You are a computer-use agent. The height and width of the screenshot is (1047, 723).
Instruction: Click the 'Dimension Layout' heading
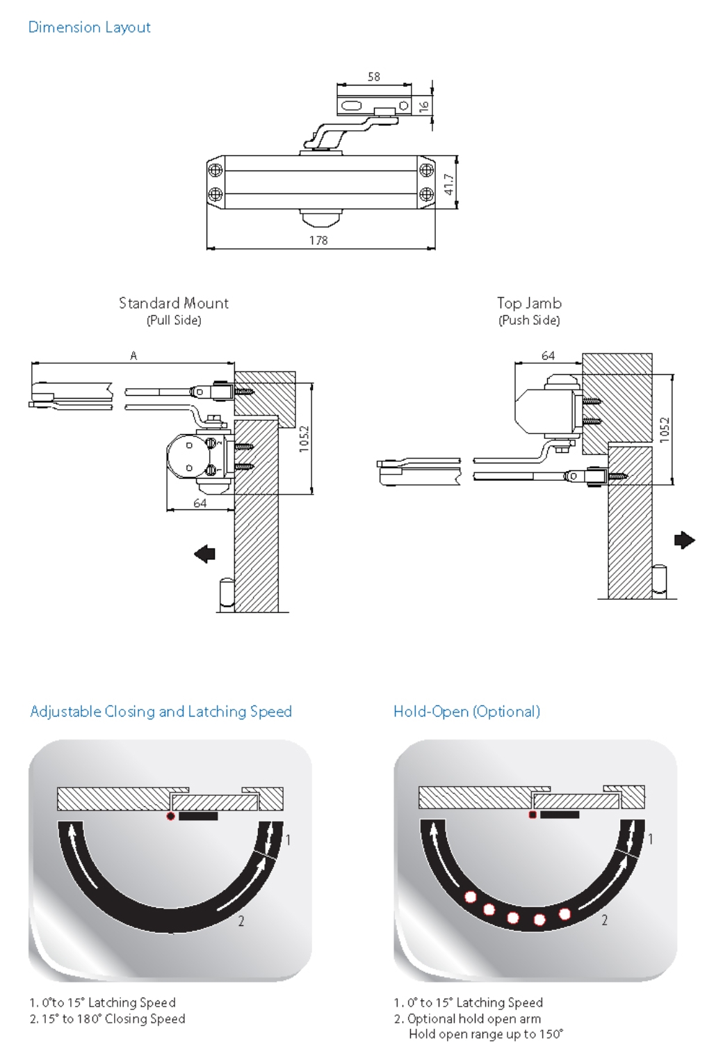point(89,27)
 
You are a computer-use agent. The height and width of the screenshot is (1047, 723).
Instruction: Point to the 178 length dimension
point(318,240)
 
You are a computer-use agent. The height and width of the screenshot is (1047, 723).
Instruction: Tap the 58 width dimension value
point(374,77)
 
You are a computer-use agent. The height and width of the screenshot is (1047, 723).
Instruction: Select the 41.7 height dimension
point(449,184)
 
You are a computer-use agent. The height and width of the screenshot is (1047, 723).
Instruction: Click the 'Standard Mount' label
point(174,303)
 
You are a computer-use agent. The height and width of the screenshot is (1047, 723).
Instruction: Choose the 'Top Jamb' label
point(529,303)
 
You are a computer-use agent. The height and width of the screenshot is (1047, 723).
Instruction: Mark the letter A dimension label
point(133,355)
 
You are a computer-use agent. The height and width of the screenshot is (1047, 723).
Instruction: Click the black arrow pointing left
point(205,554)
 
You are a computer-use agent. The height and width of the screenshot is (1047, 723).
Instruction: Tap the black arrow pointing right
point(684,540)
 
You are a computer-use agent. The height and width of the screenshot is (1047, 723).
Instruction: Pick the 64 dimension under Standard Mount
point(200,503)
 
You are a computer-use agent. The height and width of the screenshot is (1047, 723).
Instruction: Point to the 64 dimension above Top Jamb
point(549,355)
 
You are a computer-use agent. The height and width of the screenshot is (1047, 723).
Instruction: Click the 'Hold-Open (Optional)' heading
point(466,711)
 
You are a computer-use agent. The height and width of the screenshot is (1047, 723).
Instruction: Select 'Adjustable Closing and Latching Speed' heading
point(161,711)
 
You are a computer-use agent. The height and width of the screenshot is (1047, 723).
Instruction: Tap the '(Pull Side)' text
point(174,320)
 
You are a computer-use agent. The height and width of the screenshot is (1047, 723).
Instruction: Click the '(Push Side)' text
point(529,320)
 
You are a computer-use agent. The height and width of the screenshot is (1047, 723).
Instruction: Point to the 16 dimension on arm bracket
point(423,106)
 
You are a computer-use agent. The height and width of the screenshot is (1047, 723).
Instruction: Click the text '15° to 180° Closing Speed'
point(113,1018)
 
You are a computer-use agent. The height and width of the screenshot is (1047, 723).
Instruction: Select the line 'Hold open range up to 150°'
point(486,1034)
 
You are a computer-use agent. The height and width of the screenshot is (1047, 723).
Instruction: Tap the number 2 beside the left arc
point(241,921)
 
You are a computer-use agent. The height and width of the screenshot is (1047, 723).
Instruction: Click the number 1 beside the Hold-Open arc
point(651,839)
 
